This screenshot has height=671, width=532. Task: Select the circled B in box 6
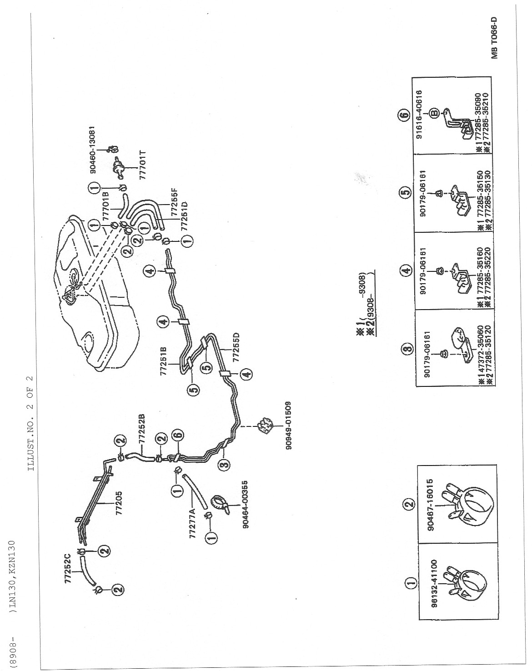[x=434, y=114]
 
